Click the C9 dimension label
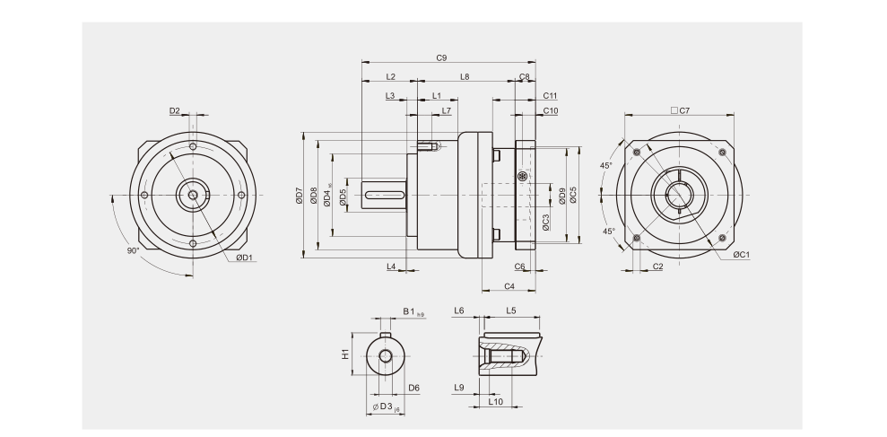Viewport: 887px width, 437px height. tap(441, 57)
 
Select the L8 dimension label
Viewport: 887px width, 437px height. tap(465, 77)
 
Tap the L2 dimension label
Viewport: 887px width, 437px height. tap(390, 77)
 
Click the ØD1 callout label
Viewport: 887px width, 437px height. tap(244, 258)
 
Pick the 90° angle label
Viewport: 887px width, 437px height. tap(133, 251)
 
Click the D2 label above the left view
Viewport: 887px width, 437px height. tap(175, 111)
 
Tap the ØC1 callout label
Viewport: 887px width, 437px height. tap(741, 255)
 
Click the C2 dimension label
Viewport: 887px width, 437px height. tap(657, 267)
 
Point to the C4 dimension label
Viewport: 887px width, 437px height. tap(509, 286)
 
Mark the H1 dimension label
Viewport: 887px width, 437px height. tap(345, 354)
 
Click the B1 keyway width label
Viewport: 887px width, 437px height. tap(412, 311)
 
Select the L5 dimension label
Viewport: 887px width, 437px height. tap(510, 310)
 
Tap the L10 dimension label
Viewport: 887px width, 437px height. tap(494, 403)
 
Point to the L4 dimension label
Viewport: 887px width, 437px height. tap(391, 267)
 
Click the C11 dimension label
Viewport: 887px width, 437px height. tap(550, 95)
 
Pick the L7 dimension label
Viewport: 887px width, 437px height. tap(446, 111)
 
